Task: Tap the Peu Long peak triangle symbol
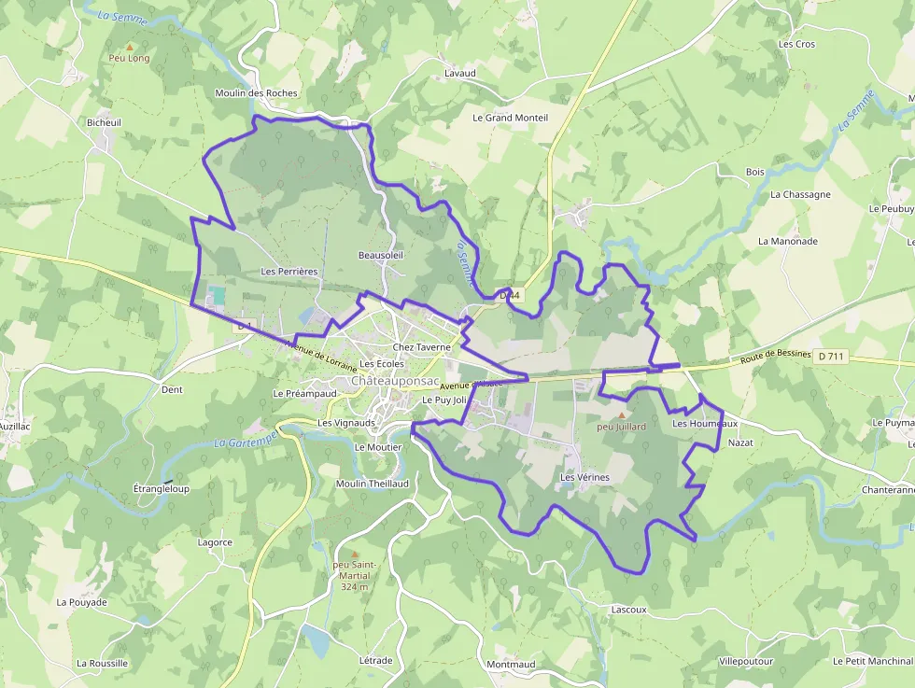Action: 129,46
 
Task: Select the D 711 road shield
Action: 831,356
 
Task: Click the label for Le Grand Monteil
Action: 510,118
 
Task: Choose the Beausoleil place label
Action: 380,255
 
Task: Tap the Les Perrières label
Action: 289,272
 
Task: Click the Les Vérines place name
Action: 584,477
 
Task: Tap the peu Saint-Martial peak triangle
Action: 354,555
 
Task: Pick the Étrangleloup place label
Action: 162,488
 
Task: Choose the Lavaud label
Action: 460,73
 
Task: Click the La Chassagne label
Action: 800,194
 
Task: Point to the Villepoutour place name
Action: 746,661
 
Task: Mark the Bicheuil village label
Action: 104,122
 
